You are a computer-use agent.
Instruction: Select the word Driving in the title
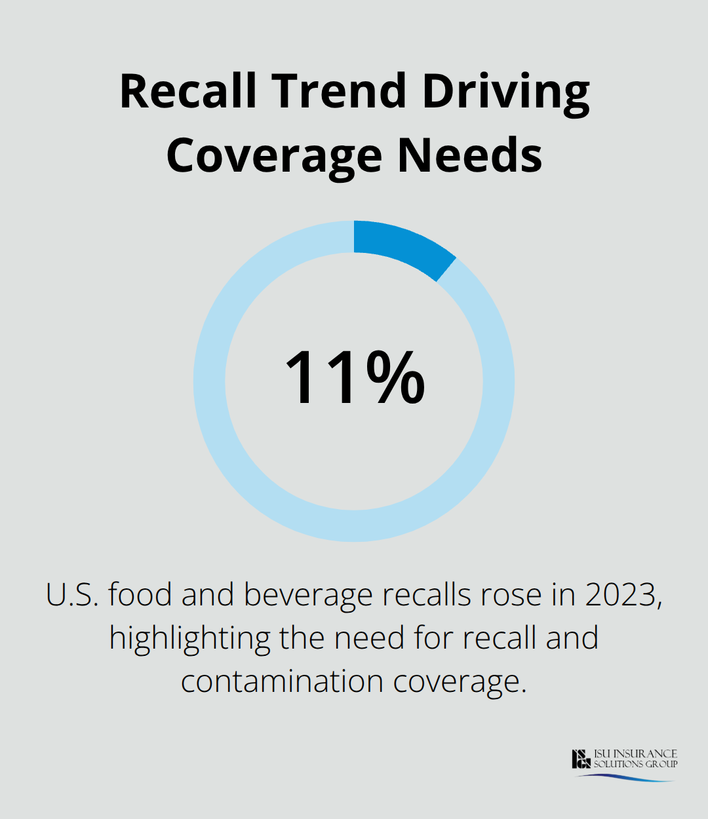(x=505, y=92)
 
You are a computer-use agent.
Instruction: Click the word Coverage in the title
(x=275, y=156)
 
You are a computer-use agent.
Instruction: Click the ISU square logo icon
(x=581, y=759)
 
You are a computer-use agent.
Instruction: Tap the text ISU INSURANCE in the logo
(x=635, y=753)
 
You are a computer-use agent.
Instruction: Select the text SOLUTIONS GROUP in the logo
(x=635, y=764)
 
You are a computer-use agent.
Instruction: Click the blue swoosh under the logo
(x=626, y=778)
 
